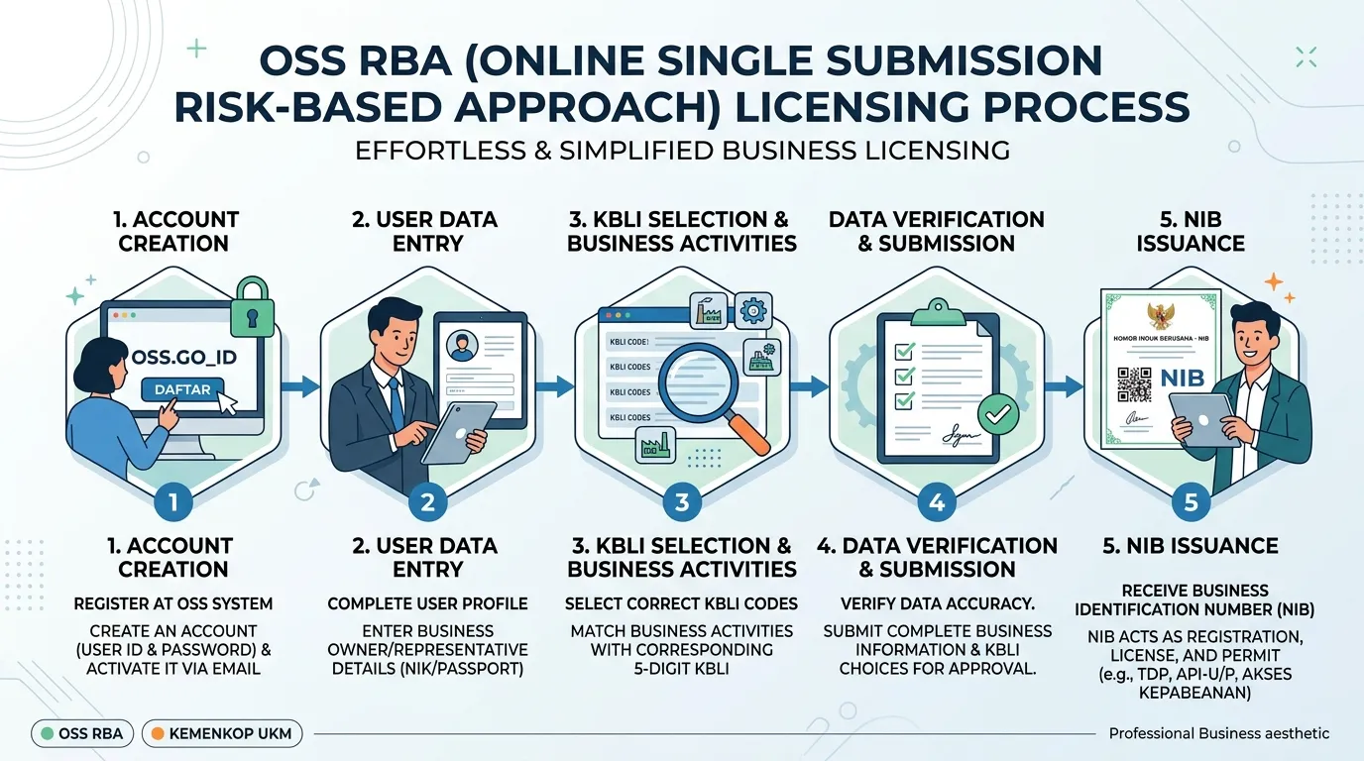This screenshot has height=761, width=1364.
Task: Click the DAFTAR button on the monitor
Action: click(182, 389)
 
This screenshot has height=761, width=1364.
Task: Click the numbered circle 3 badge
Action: click(682, 502)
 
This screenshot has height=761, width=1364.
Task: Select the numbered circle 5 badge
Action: click(1191, 502)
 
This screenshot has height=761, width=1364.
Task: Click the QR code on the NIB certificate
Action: click(1134, 384)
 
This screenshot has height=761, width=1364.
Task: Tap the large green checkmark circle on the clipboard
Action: click(997, 414)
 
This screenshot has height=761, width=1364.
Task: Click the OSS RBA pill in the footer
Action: click(82, 733)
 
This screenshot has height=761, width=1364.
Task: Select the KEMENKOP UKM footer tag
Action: click(222, 733)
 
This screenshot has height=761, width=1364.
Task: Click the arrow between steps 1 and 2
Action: click(300, 385)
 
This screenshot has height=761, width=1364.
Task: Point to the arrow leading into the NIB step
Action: click(1064, 385)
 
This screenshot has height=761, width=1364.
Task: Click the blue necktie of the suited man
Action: click(397, 403)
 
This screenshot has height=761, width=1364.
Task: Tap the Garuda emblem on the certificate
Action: click(1161, 316)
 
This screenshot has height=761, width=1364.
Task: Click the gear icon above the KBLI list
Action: click(753, 311)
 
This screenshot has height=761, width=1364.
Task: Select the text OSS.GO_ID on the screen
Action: click(184, 357)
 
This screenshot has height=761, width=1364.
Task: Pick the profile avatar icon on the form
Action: click(462, 346)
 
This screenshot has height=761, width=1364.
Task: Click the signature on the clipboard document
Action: click(961, 434)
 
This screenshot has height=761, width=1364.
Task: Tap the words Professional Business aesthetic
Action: click(1219, 733)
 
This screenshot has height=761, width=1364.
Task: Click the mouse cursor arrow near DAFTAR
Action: click(227, 402)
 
